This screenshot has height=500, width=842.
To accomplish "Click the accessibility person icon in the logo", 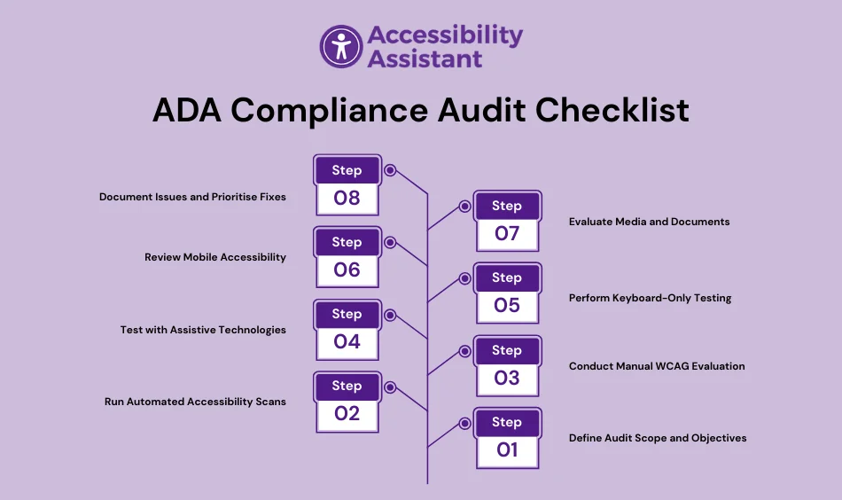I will (x=341, y=46).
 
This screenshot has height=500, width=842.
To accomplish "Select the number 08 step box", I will (x=347, y=198).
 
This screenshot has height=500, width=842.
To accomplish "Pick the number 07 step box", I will (x=506, y=234).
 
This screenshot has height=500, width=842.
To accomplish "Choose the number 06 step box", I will (x=347, y=270).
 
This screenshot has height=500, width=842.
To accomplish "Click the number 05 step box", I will (x=506, y=306).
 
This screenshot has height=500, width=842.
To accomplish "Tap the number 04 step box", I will (x=347, y=341).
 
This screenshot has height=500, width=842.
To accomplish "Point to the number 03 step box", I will (x=506, y=378).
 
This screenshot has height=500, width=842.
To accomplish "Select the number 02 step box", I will (x=347, y=413).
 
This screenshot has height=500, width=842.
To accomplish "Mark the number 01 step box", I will (x=506, y=449).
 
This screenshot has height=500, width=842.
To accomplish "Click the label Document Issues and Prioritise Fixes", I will (x=192, y=197).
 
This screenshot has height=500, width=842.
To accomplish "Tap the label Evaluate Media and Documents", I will (x=649, y=222).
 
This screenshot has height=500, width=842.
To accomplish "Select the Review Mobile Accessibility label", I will (x=215, y=257).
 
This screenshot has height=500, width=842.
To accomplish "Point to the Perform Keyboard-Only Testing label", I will (x=650, y=298).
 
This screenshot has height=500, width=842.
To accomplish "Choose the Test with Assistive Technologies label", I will (x=203, y=330).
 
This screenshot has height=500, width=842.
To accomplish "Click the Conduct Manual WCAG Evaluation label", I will (x=657, y=366).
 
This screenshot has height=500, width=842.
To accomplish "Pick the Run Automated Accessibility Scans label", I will (x=195, y=402).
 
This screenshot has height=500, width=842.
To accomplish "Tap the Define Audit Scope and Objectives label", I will (x=658, y=438).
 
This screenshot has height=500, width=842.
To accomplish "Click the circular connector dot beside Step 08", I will (x=390, y=170).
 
